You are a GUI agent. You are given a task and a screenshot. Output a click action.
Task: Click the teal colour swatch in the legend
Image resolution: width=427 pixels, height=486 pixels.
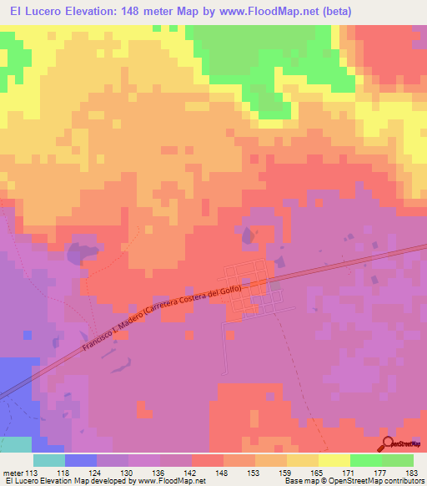click(48, 459)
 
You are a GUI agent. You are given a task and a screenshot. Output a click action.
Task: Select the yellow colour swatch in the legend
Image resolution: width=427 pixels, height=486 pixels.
click(334, 459)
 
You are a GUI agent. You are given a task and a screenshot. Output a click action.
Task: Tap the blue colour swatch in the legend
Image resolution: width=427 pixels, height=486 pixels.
click(80, 459)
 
